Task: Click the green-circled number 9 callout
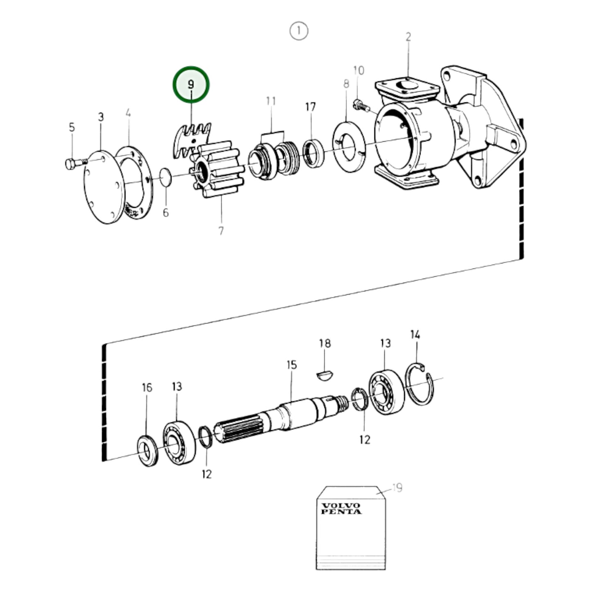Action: [191, 84]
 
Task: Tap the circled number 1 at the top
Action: [299, 31]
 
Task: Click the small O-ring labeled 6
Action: [166, 177]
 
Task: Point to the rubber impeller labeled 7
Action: [217, 170]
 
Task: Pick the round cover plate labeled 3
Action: [104, 187]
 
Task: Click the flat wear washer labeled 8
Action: [349, 147]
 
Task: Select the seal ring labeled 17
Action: [314, 153]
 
